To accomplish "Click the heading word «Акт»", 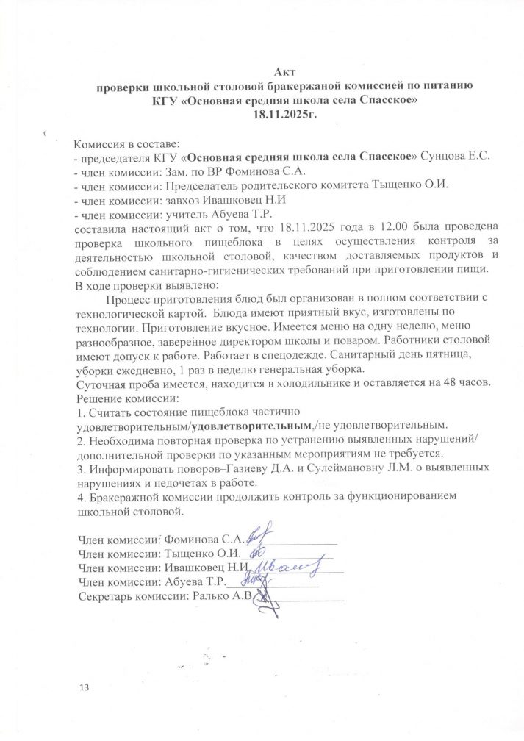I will (x=284, y=71).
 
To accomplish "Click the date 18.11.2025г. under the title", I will (x=284, y=113).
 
